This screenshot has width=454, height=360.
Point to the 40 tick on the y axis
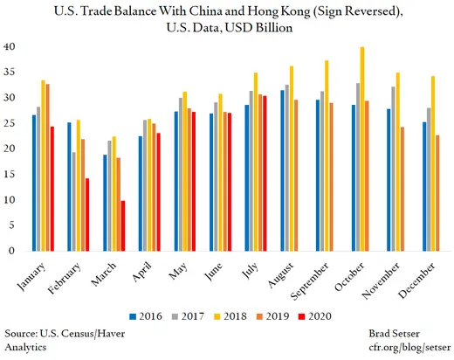pos(11,46)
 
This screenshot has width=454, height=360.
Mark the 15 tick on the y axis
pos(11,174)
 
